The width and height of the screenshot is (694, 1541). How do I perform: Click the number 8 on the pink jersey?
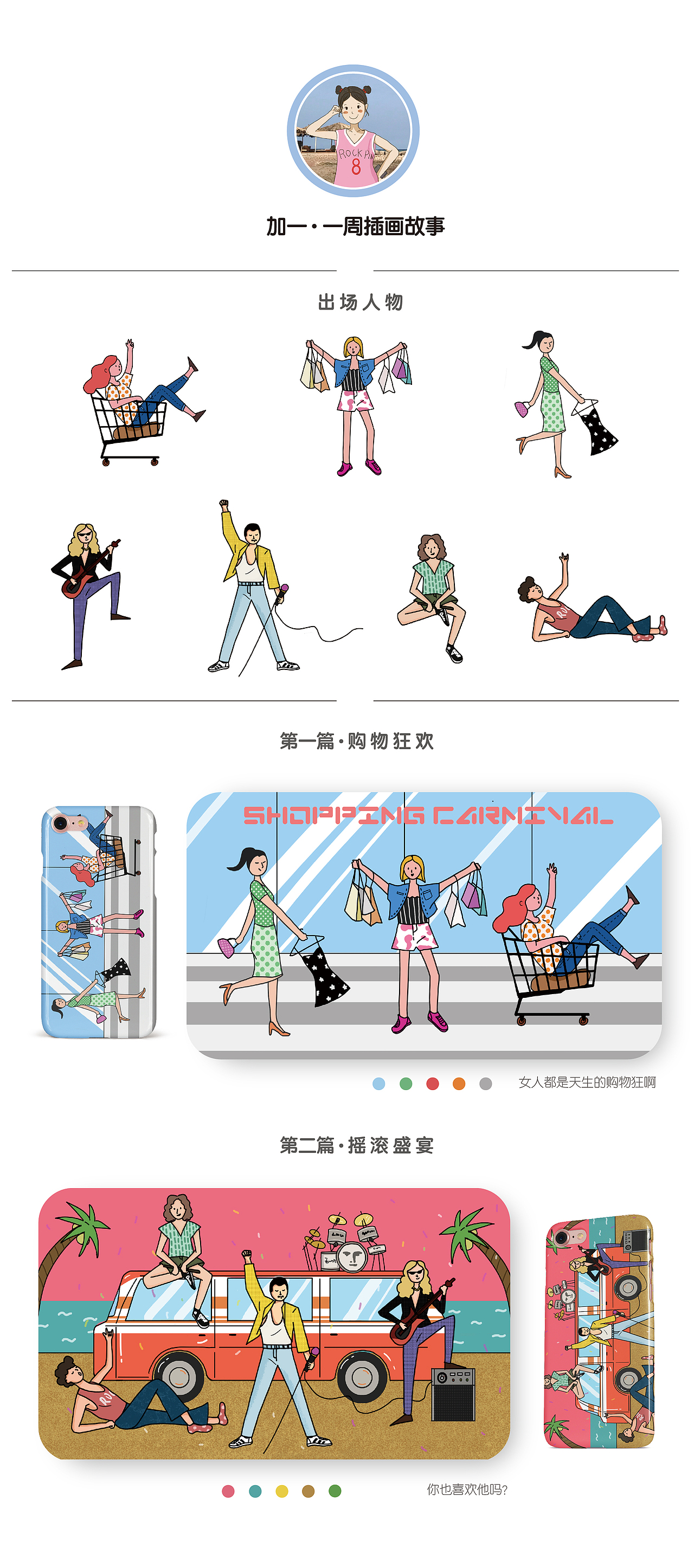[x=356, y=166]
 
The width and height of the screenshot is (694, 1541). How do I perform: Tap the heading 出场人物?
[x=360, y=302]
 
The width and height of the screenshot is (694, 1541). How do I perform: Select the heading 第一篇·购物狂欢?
[x=357, y=741]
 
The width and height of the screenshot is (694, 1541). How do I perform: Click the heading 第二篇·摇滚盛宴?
[x=357, y=1145]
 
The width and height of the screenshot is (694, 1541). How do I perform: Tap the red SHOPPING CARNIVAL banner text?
[x=427, y=815]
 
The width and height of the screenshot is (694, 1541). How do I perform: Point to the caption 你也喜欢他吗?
[x=467, y=1490]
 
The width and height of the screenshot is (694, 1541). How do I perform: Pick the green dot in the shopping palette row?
[x=406, y=1084]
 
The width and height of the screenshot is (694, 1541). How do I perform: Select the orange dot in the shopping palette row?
[x=459, y=1084]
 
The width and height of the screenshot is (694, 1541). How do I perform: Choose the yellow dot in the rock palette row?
[x=282, y=1491]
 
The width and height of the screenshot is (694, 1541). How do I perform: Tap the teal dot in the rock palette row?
[x=255, y=1491]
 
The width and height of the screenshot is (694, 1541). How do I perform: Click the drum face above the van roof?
[x=351, y=1257]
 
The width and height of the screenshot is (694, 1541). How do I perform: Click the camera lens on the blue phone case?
[x=60, y=823]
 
